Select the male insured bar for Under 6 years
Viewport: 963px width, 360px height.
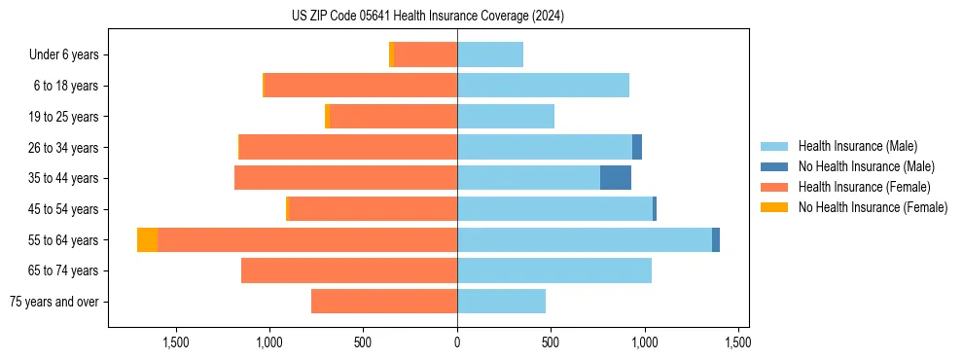click(490, 54)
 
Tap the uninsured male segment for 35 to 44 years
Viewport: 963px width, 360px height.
click(616, 178)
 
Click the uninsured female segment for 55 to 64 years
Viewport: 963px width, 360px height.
click(147, 239)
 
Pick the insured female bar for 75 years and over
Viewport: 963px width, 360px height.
click(384, 302)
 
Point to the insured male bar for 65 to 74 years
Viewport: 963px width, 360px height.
click(554, 270)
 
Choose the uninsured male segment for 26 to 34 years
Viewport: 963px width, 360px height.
click(637, 147)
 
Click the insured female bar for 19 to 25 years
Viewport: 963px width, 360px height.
click(394, 117)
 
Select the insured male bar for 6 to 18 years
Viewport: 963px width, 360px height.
click(543, 86)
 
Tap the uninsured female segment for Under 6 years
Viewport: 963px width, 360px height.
click(392, 54)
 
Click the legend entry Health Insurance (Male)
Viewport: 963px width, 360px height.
click(857, 146)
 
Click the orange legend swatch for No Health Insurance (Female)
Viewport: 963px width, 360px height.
click(775, 207)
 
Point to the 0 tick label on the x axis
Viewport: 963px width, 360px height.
click(457, 342)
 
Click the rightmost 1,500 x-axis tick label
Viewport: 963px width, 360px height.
click(738, 342)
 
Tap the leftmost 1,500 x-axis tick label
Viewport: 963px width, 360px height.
click(176, 342)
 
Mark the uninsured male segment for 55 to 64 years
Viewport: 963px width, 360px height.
click(716, 239)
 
